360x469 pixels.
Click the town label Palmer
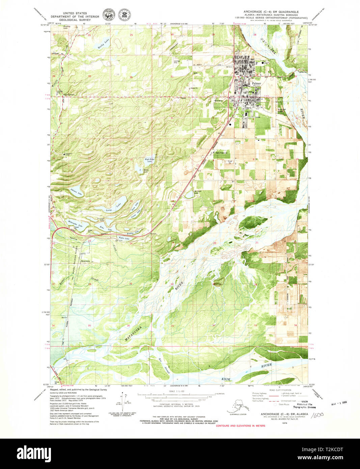point(256,84)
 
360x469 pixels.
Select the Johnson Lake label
point(76,192)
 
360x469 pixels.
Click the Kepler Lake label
point(124,239)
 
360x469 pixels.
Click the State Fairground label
point(221,153)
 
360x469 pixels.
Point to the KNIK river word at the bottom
point(225,379)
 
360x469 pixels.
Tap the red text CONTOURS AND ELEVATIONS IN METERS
point(240,426)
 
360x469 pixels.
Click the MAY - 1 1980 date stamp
point(339,403)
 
